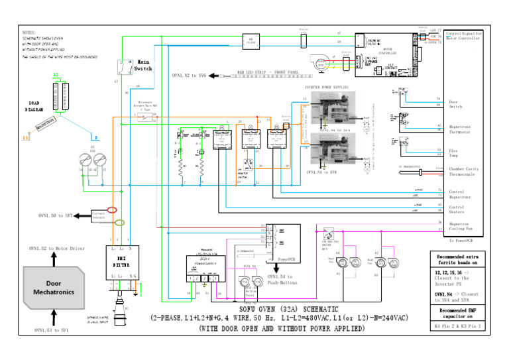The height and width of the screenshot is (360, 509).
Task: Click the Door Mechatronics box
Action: tap(55, 288)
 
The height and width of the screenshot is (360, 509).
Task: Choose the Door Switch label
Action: tap(457, 104)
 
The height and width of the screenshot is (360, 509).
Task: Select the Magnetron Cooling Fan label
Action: tap(465, 227)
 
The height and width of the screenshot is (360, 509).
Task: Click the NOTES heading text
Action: tap(29, 32)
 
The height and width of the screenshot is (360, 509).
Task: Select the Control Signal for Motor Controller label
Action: tap(464, 35)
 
